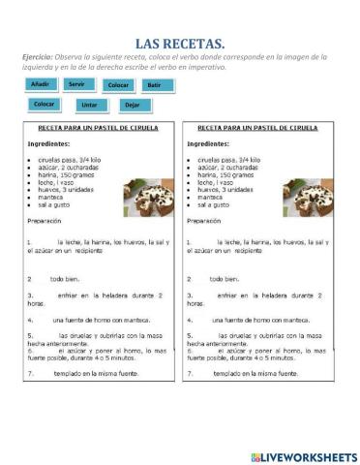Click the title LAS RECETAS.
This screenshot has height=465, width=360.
[x=180, y=43]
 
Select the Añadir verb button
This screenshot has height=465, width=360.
[x=40, y=84]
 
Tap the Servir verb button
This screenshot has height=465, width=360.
[x=76, y=84]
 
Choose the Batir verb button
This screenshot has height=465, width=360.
[x=156, y=85]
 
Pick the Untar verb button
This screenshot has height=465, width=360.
[x=89, y=105]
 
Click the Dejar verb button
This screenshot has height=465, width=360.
[x=132, y=105]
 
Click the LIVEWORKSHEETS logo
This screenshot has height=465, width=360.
[x=303, y=456]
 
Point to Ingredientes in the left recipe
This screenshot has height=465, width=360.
[x=54, y=142]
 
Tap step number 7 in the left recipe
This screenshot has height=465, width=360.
[x=29, y=372]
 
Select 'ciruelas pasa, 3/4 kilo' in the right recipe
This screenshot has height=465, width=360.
[x=229, y=159]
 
